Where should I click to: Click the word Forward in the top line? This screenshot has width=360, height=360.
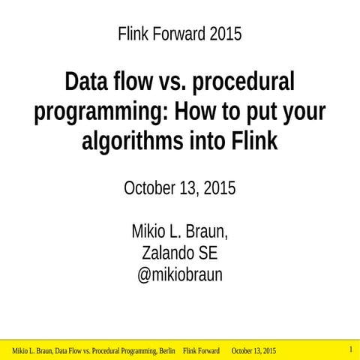coord(178,34)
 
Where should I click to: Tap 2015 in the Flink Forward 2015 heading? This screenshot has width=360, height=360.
coord(226,34)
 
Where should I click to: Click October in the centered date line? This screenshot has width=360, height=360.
coord(149,188)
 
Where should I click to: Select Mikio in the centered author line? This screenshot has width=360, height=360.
coord(148,229)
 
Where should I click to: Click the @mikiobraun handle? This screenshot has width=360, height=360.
coord(180,275)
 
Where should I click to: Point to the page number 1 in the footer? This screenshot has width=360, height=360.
coord(350,349)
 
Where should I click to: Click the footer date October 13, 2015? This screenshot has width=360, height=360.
coord(253,351)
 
